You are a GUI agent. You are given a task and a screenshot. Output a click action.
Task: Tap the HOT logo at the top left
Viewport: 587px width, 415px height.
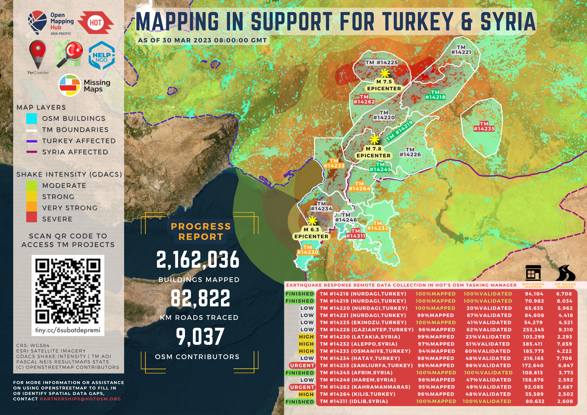tap(95, 23)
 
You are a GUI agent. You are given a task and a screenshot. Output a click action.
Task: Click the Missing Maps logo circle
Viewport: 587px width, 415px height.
tap(70, 85)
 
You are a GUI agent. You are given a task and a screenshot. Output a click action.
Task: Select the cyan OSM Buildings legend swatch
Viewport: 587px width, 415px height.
tap(32, 118)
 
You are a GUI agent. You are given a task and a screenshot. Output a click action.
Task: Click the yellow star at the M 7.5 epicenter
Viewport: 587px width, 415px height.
tap(385, 73)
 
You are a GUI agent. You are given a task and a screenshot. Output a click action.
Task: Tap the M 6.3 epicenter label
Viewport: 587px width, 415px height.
tap(311, 233)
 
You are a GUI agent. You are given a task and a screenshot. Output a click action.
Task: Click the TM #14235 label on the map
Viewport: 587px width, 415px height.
tap(484, 126)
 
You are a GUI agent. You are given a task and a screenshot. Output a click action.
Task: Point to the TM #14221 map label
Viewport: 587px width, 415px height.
tap(461, 50)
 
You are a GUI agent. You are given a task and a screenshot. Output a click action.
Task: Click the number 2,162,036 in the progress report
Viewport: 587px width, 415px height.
tap(198, 260)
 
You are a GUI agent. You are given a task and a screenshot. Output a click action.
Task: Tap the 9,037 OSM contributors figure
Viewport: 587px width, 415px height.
tap(200, 337)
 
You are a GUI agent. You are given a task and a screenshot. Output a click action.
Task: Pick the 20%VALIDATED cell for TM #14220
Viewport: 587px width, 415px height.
tap(489, 308)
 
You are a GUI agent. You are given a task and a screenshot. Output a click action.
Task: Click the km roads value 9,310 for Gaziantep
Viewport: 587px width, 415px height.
tap(565, 330)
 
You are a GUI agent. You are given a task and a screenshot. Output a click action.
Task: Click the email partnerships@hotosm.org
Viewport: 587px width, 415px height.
tap(80, 399)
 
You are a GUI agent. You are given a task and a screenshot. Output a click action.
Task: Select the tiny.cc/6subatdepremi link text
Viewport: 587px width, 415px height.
tap(68, 330)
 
